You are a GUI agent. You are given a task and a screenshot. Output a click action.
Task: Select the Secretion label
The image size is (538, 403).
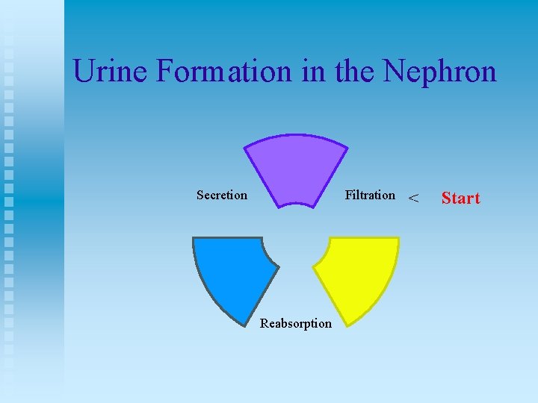221,196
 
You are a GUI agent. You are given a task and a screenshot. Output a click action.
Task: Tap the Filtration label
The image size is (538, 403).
370,196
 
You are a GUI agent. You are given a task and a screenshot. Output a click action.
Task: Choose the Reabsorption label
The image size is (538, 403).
296,323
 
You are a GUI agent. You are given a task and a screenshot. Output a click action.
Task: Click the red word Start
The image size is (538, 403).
460,199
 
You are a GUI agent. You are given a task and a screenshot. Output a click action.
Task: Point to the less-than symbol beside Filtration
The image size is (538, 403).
413,199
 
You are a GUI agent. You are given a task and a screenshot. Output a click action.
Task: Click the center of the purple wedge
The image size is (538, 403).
296,168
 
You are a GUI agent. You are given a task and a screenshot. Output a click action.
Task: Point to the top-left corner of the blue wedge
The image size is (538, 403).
194,238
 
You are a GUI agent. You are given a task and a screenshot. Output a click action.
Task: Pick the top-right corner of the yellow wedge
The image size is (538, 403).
398,238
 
